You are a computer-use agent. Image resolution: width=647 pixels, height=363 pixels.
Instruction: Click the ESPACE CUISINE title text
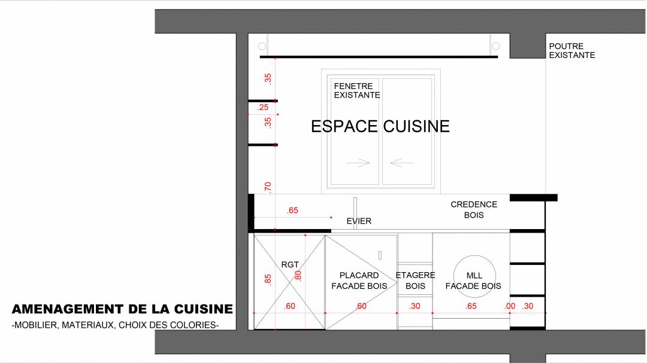pos(380,127)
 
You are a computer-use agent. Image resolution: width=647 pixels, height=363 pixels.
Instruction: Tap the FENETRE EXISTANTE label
pos(357,91)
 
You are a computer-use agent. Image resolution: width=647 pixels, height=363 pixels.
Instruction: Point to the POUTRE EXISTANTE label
pos(572,51)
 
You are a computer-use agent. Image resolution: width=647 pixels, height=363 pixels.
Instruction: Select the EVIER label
pos(359,221)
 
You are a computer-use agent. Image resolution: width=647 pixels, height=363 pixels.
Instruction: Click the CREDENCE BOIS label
pos(474,210)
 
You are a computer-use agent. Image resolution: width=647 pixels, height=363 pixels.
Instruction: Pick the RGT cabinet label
pos(290,264)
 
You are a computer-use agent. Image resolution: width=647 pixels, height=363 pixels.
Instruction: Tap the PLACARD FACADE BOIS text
pos(359,280)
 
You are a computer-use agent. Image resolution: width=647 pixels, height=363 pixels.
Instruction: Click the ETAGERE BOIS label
pos(415,280)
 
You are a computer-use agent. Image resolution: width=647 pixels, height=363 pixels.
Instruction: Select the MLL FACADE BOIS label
pos(473,280)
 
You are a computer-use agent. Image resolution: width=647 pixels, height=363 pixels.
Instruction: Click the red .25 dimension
pos(262,108)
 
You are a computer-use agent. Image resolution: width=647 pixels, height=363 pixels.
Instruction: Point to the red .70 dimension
pos(268,187)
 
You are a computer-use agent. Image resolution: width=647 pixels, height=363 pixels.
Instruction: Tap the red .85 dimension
pos(268,279)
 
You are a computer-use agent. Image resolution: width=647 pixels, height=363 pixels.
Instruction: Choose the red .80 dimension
pos(298,276)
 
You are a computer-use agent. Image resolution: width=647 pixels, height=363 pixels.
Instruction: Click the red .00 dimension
pos(510,306)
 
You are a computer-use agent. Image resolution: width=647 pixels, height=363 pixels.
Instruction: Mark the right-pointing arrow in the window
pos(358,163)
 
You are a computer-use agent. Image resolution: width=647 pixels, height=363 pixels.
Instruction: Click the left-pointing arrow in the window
pos(402,163)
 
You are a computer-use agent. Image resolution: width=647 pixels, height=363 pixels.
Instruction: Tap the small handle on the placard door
pos(380,255)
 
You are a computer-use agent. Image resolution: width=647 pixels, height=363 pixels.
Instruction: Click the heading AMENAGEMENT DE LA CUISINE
pos(122,309)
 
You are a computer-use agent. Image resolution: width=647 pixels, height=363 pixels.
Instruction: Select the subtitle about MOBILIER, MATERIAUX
pos(115,325)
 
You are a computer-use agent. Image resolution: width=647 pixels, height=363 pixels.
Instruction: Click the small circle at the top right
pos(496,46)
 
